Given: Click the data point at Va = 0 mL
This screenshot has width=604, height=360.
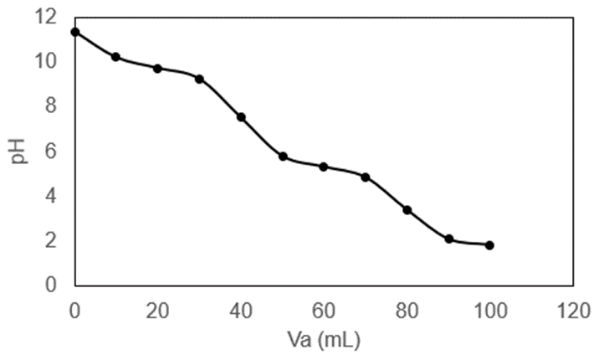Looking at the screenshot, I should pos(74,32).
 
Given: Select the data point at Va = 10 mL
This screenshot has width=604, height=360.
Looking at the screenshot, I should pos(115,57).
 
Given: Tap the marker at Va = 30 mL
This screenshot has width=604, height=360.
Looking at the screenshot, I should pos(199,79).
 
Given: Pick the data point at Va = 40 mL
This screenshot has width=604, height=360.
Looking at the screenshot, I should pos(241,117).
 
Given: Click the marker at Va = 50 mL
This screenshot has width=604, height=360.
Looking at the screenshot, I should pos(283,157).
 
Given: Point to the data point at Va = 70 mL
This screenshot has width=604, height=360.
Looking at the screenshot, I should pos(366,177).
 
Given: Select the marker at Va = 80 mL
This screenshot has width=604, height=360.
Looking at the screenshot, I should pos(407,210).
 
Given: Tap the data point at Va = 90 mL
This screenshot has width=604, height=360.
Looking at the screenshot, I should pos(449,239).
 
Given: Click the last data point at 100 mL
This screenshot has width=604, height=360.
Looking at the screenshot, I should pos(489,245).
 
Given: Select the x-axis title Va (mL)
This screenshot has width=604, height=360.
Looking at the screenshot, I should pos(325,341).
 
